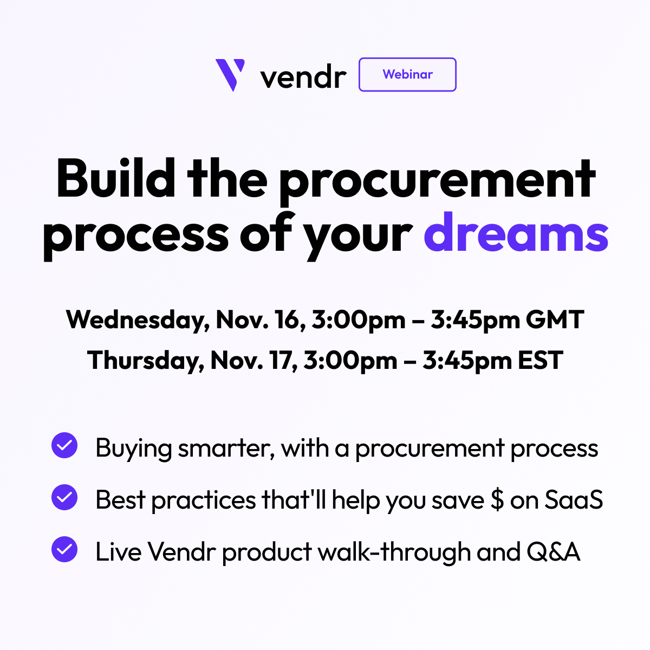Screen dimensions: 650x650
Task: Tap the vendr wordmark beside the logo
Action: (303, 77)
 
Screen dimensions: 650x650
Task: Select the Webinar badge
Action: (407, 75)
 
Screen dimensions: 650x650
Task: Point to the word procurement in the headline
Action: (437, 181)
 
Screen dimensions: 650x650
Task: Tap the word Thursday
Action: (145, 361)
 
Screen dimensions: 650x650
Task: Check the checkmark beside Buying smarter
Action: (64, 445)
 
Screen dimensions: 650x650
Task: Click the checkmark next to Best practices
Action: (64, 497)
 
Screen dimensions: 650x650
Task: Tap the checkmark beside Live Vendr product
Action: (64, 549)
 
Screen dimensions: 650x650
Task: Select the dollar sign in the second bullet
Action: (497, 500)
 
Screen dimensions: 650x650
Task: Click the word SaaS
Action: (574, 500)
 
